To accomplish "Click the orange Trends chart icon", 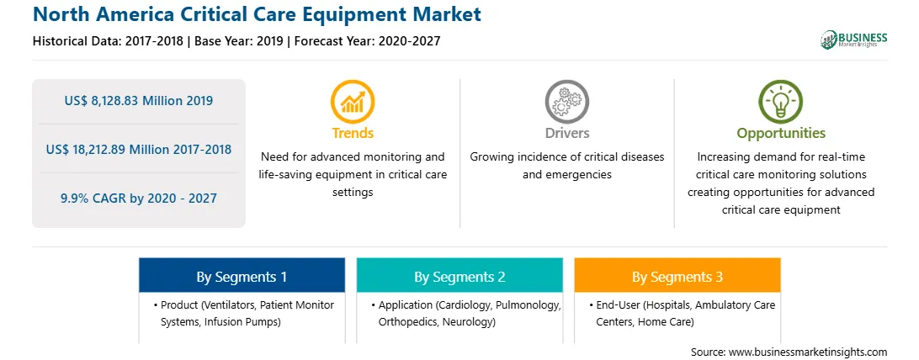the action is pyautogui.click(x=353, y=101).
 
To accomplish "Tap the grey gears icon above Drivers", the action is pyautogui.click(x=566, y=101).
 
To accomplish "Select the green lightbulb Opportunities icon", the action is pyautogui.click(x=781, y=101).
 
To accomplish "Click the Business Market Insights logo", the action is pyautogui.click(x=854, y=40).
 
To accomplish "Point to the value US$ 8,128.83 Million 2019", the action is pyautogui.click(x=138, y=101).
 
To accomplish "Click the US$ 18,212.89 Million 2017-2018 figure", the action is pyautogui.click(x=138, y=149).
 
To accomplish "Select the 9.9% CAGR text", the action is pyautogui.click(x=138, y=198).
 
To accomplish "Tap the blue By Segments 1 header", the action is pyautogui.click(x=242, y=276).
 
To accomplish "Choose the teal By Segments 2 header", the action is pyautogui.click(x=459, y=276).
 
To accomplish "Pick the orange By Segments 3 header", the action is pyautogui.click(x=677, y=276).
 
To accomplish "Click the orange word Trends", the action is pyautogui.click(x=353, y=133).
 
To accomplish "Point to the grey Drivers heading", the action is pyautogui.click(x=566, y=133).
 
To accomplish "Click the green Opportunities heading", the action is pyautogui.click(x=781, y=134).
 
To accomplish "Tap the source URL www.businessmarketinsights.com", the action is pyautogui.click(x=807, y=352).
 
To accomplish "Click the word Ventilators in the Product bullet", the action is pyautogui.click(x=229, y=305).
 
